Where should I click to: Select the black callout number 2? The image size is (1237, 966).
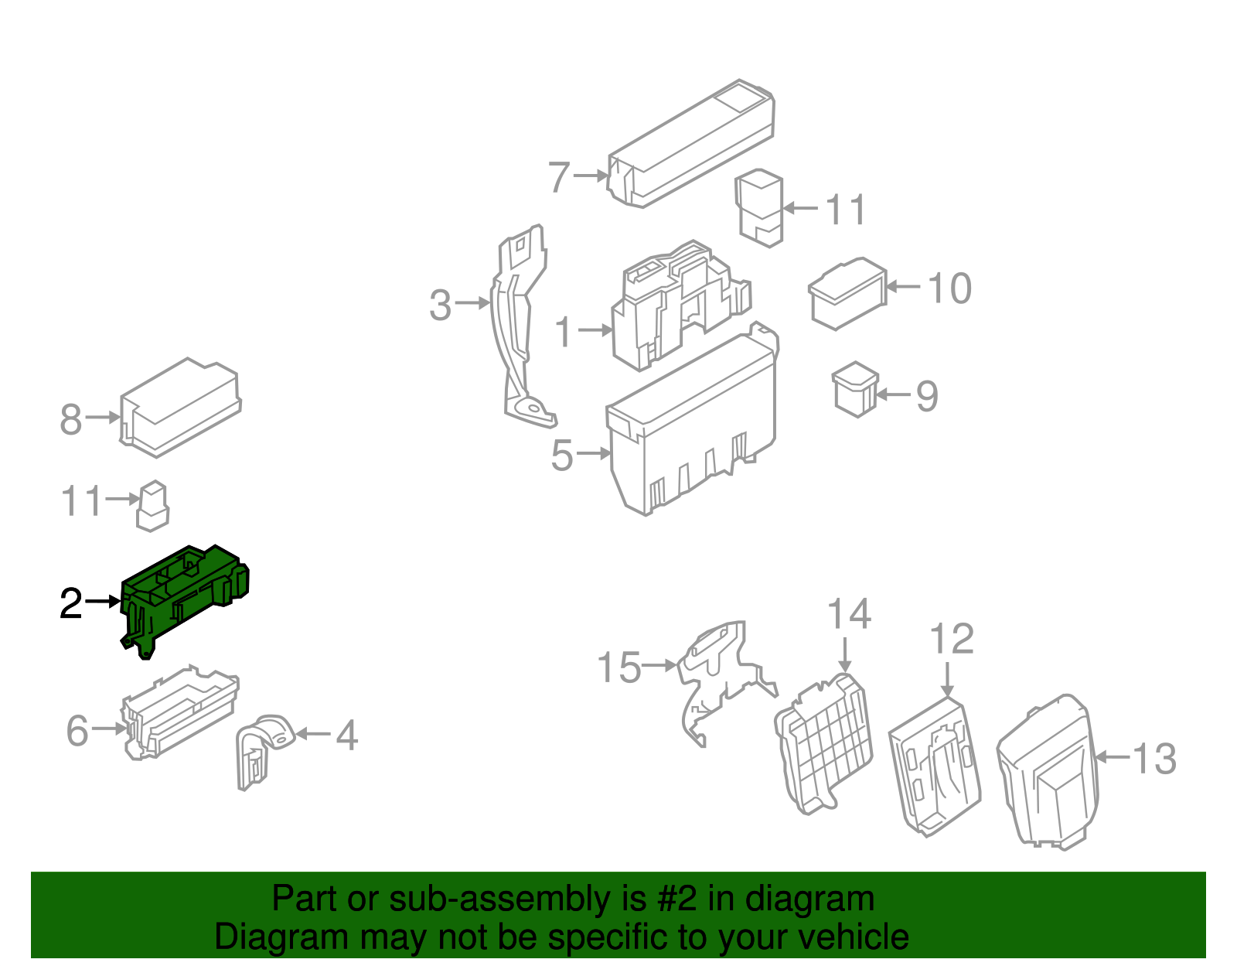click(71, 603)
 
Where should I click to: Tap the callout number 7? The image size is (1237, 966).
click(559, 176)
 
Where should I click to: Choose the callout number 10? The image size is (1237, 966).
click(949, 288)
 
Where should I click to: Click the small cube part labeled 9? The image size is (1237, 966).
click(855, 389)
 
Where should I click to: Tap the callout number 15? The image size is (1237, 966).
click(618, 667)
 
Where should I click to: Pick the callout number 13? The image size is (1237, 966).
click(1154, 759)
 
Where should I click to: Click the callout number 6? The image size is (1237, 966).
click(77, 730)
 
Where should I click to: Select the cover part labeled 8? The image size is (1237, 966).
click(180, 407)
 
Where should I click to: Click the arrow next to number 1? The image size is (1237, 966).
click(595, 329)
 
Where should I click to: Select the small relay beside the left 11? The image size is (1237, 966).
click(152, 506)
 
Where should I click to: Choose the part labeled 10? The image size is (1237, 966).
click(847, 293)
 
